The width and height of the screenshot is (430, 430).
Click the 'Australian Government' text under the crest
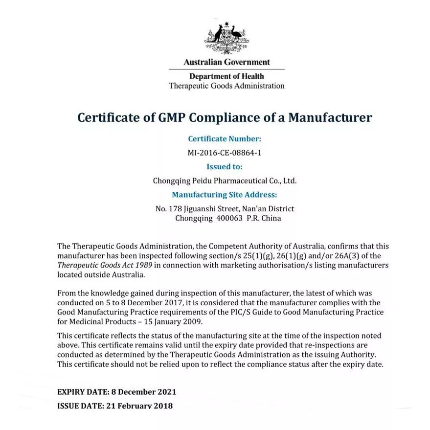click(226, 62)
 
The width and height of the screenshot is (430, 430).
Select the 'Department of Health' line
click(226, 76)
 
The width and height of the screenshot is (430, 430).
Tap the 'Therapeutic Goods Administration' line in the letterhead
click(226, 86)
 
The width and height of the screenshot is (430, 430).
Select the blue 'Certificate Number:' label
click(225, 139)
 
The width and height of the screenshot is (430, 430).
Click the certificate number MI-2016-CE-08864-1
click(225, 153)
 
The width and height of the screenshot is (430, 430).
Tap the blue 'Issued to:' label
click(225, 167)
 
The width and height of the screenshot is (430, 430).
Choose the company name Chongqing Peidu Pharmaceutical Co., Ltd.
click(225, 181)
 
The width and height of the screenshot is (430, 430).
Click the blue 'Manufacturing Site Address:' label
click(225, 195)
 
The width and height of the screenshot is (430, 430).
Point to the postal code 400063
click(229, 218)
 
